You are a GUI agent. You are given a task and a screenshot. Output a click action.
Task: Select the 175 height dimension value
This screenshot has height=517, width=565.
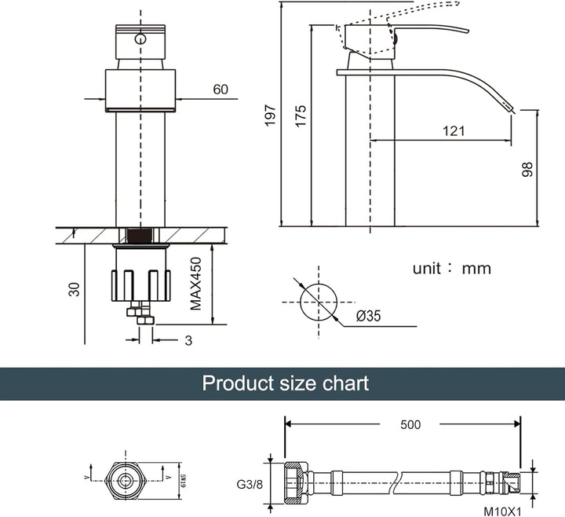pyautogui.click(x=301, y=115)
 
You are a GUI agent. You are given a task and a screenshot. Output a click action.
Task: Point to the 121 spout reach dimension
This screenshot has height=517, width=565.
pyautogui.click(x=454, y=131)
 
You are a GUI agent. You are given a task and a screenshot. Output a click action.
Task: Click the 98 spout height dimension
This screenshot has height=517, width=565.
pyautogui.click(x=527, y=169)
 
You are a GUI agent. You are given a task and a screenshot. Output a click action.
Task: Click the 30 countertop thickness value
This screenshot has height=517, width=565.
pyautogui.click(x=74, y=289)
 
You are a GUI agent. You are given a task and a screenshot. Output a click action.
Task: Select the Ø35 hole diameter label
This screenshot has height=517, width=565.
pyautogui.click(x=368, y=317)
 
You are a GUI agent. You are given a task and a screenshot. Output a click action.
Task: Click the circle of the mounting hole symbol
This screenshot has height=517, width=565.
pyautogui.click(x=319, y=300)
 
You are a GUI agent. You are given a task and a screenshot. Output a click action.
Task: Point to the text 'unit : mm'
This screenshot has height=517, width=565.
pyautogui.click(x=451, y=269)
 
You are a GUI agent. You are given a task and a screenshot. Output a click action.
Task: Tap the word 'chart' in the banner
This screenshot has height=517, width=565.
pyautogui.click(x=345, y=383)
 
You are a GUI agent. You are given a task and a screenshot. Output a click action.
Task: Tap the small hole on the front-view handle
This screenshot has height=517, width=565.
pyautogui.click(x=140, y=39)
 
